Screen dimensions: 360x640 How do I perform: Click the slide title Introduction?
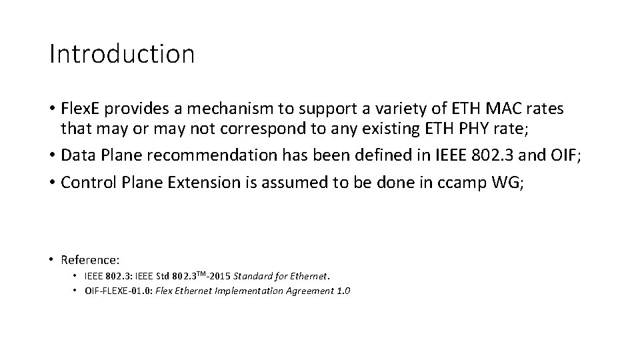coord(122,54)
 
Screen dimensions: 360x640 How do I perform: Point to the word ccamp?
coord(463,183)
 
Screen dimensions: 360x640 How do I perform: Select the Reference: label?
coord(90,259)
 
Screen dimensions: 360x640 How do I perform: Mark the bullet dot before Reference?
coord(51,259)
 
